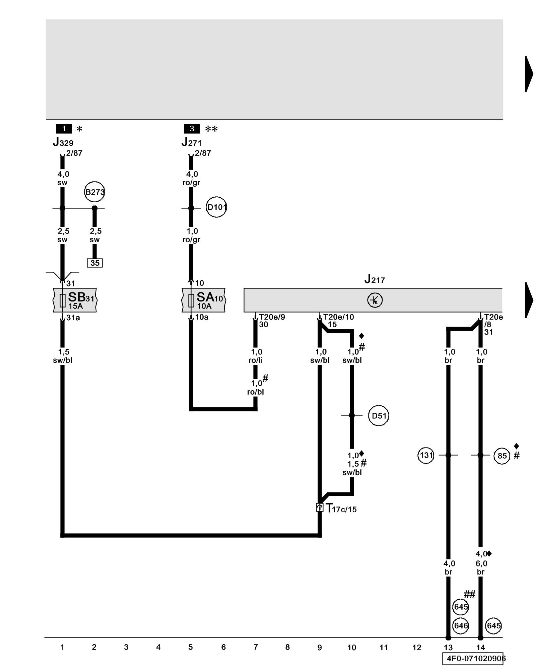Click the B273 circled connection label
[94, 192]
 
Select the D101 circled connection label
[216, 207]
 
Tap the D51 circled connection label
[379, 416]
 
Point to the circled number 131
[426, 455]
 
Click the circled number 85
[502, 456]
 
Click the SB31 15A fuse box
[75, 300]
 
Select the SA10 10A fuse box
[204, 300]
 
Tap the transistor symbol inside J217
[375, 300]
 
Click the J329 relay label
[63, 142]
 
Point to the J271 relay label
[192, 142]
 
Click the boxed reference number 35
[95, 263]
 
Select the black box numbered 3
[192, 129]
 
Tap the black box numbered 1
[64, 129]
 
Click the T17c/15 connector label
[341, 509]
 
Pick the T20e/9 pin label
[272, 317]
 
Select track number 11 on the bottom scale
[384, 648]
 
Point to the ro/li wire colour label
[256, 360]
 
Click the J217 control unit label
[375, 279]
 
